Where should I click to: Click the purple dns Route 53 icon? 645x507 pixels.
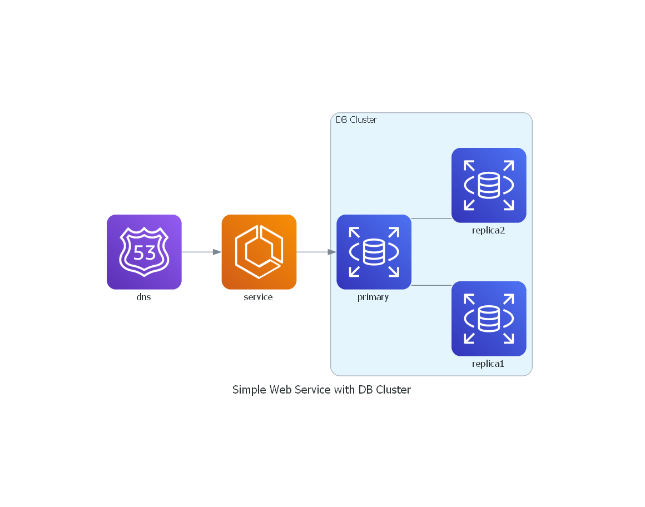point(144,252)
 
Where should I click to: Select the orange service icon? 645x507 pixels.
point(259,252)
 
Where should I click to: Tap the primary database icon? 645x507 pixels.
point(374,252)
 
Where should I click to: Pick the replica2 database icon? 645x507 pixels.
point(489,185)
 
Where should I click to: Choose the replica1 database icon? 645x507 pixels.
point(489,319)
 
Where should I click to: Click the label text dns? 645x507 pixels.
point(144,297)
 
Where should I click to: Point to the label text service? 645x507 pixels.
point(259,297)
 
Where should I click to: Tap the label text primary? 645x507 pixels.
point(373,297)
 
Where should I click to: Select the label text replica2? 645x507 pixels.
point(488,230)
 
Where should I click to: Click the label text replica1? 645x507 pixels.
point(488,364)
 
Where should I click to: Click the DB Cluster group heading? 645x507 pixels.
point(356,120)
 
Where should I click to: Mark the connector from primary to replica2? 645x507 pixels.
point(431,218)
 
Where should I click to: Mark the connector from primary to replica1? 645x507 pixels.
point(431,285)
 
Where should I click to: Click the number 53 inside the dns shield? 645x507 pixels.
point(145,253)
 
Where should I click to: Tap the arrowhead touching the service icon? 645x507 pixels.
point(217,252)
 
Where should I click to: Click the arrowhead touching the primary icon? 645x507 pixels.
point(332,252)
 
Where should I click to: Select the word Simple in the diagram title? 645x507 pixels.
point(249,390)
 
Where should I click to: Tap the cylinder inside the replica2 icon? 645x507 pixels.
point(489,185)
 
